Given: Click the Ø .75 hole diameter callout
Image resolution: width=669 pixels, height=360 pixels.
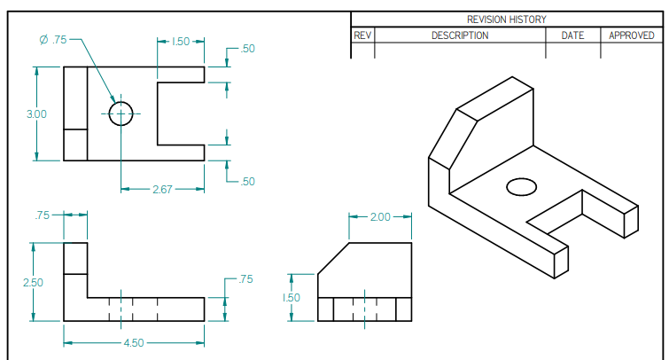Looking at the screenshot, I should pos(54,40).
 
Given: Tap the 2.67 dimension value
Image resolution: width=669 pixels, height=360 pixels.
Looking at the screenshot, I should pos(161,189).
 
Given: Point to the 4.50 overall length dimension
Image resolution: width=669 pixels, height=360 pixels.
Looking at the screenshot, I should pos(133,342).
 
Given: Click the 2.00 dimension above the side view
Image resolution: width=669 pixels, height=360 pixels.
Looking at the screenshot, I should pos(379,217).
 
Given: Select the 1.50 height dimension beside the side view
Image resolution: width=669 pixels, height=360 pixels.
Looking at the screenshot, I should pos(293,298).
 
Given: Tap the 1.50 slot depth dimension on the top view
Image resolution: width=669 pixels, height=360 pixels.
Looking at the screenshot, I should pos(180,41).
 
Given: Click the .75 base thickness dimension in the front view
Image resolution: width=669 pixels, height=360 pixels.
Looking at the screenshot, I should pos(245,279).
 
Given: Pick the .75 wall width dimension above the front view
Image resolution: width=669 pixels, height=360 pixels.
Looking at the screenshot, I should pos(42,215).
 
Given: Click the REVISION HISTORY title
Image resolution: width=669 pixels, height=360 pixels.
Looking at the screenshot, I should pos(506,19).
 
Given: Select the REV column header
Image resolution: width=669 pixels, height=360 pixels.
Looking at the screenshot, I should pos(362,35).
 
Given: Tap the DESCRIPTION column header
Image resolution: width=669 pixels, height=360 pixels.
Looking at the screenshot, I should pos(459,35).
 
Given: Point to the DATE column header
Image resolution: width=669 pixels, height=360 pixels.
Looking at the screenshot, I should pos(572,35).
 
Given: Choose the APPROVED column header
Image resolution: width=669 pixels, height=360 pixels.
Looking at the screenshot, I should pos(631,35).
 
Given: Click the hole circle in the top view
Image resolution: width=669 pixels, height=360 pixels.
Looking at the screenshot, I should pos(121,113).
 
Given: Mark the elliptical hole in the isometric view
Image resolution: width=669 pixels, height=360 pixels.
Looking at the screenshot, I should pos(521,187).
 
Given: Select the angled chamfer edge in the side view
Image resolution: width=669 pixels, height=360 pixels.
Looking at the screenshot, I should pos(333,258).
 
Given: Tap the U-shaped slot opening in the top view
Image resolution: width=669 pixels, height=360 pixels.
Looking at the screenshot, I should pos(181,113).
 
